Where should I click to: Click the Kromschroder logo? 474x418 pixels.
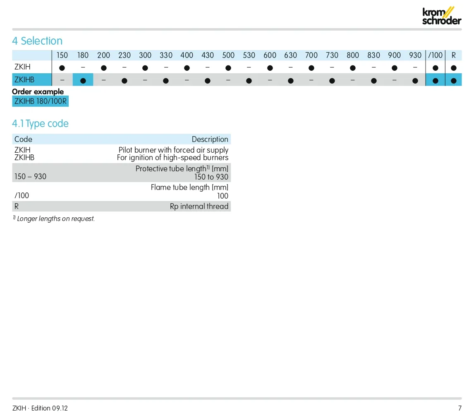click(x=441, y=16)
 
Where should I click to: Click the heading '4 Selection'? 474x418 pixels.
click(x=37, y=41)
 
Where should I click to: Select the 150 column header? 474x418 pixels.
click(x=62, y=55)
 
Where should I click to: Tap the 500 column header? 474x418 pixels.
click(x=228, y=55)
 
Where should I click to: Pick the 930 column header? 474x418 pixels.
click(x=415, y=55)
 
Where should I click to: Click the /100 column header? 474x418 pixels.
click(x=435, y=55)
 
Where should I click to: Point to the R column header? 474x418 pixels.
click(x=453, y=55)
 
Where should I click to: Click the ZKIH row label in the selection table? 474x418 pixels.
click(x=22, y=67)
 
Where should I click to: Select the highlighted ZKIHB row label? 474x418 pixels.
click(x=24, y=80)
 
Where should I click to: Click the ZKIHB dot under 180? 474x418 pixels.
click(x=83, y=81)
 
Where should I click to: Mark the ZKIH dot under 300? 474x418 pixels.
click(x=145, y=68)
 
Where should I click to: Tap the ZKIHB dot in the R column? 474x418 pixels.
click(x=453, y=81)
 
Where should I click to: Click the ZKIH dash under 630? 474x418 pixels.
click(x=290, y=67)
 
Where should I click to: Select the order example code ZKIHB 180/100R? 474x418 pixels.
click(x=41, y=101)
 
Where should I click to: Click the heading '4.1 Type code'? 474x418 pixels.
click(x=40, y=124)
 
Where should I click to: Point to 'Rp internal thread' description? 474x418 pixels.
click(x=199, y=206)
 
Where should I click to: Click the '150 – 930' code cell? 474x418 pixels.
click(x=30, y=177)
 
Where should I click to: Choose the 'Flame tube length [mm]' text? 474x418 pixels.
click(x=189, y=187)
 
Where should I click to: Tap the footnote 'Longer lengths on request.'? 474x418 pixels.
click(x=56, y=219)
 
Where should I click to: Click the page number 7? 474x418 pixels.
click(x=460, y=408)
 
